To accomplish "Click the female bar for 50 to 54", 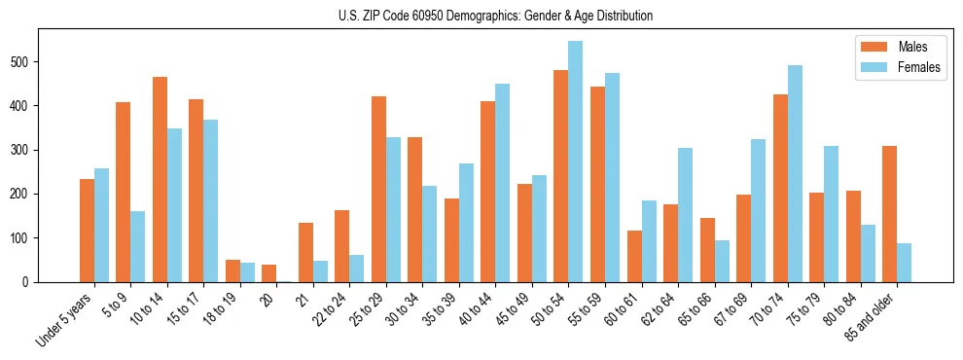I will [575, 162].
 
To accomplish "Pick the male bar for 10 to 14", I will [160, 179].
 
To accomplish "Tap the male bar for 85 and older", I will [889, 214].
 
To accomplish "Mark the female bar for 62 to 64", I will [685, 215].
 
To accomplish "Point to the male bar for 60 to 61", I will [634, 256].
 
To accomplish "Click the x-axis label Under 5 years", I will [65, 318].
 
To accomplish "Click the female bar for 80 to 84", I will [867, 253].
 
